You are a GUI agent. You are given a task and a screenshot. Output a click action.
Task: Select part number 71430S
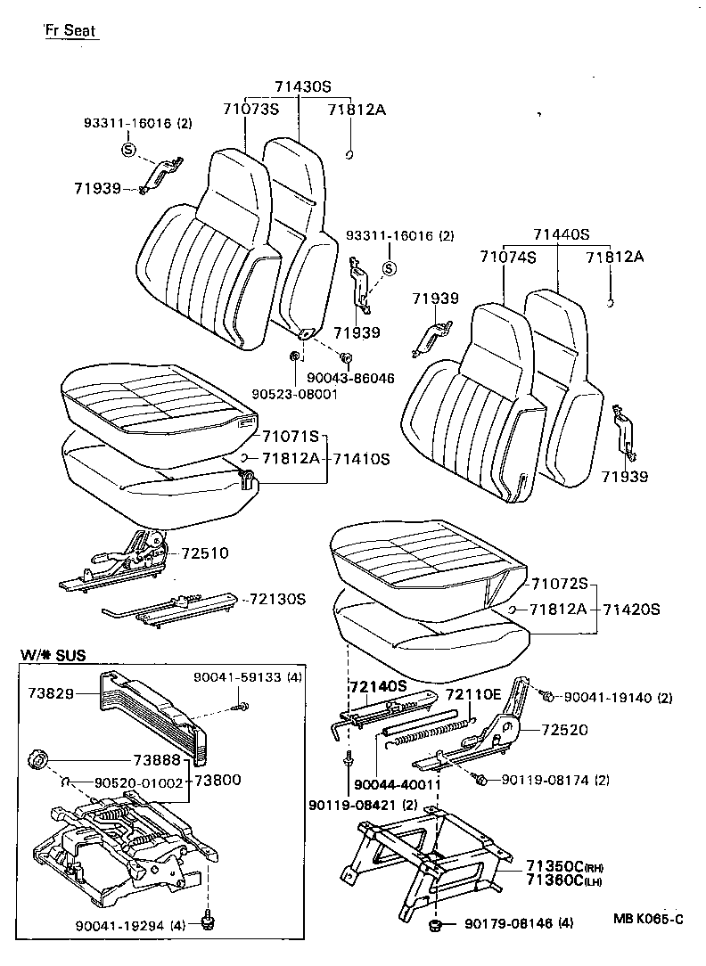pos(302,87)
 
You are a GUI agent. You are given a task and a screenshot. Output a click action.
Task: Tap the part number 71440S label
pos(562,235)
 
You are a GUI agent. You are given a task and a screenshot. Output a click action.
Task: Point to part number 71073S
pos(250,110)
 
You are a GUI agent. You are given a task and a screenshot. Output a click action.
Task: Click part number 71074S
pos(507,258)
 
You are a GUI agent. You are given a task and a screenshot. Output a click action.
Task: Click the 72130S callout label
pos(277,599)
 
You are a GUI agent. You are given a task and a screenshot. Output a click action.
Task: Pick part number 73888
pos(156,760)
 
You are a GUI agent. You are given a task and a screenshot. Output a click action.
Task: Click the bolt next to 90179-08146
pos(437,927)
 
